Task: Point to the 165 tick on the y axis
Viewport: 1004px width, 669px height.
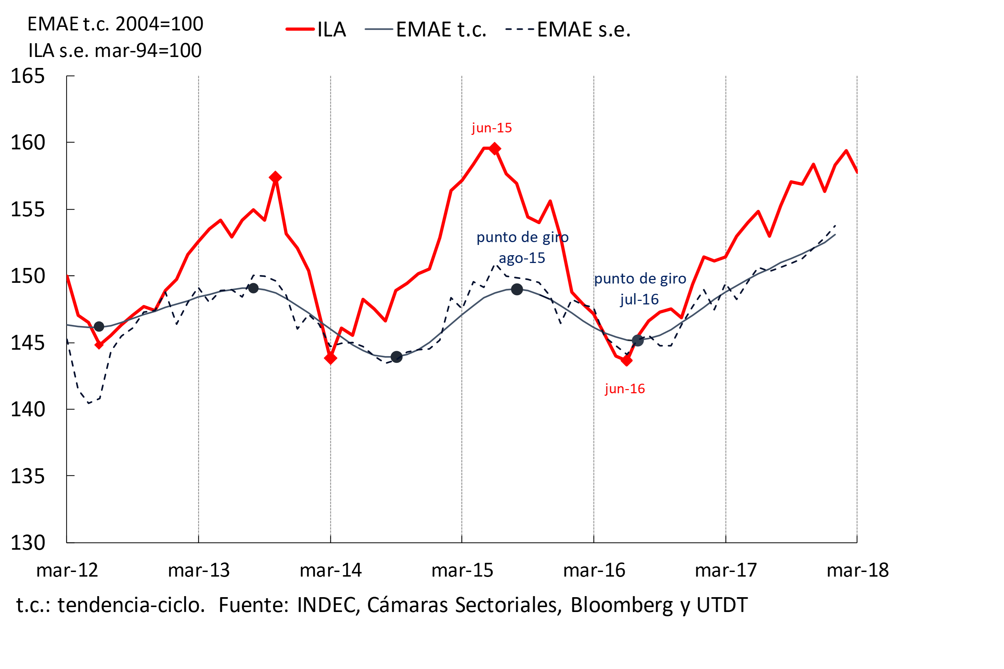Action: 27,76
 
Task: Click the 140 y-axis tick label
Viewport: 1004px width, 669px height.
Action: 27,410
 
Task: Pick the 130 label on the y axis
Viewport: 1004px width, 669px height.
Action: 27,543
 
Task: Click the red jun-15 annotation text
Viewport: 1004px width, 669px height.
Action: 492,128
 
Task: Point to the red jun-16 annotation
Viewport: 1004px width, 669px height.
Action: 624,389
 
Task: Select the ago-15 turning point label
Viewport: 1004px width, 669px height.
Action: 522,258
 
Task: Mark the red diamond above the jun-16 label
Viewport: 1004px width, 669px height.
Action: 626,361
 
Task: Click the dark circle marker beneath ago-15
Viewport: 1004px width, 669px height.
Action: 517,290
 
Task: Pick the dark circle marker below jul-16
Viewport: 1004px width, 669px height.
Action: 637,341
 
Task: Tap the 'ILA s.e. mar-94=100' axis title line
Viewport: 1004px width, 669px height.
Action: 115,51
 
